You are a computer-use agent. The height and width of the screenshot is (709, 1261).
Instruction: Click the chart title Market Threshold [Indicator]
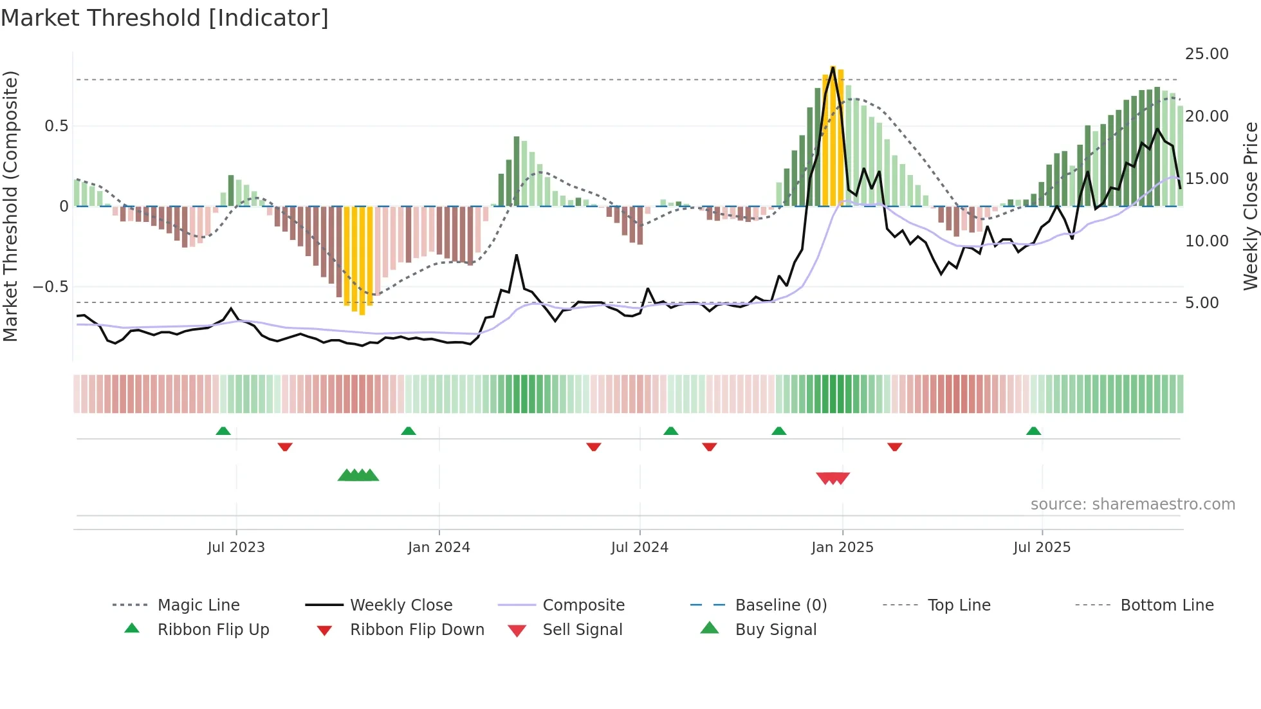pos(165,18)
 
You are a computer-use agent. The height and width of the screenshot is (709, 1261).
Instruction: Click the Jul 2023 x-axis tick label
pos(236,548)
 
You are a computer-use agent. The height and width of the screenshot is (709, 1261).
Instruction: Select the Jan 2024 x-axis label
pos(439,548)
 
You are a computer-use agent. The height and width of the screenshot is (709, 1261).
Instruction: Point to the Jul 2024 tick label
pos(640,548)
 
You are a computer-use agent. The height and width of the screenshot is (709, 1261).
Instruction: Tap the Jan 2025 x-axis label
pos(842,548)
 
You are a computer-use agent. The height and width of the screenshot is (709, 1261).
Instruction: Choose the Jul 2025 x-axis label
pos(1042,548)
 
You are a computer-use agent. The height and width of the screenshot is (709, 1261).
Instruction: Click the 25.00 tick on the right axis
pos(1206,54)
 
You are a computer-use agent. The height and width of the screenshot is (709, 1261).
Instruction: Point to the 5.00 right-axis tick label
pos(1202,303)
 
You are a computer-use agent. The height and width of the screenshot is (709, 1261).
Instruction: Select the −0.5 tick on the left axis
pos(50,287)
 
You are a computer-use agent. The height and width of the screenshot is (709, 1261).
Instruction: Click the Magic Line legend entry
pos(198,605)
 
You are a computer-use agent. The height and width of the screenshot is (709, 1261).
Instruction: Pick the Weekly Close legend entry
pos(401,605)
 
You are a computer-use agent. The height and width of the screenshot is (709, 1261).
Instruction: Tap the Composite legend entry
pos(584,605)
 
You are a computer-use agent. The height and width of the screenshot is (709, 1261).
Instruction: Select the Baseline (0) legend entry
pos(780,605)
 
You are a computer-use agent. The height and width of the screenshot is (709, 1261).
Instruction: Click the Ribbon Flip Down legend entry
pos(417,630)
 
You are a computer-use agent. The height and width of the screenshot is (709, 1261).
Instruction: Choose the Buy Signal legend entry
pos(775,630)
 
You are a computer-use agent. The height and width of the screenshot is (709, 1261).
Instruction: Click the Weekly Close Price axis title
pos(1250,206)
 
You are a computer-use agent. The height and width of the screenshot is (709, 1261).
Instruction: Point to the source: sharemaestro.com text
pos(1132,504)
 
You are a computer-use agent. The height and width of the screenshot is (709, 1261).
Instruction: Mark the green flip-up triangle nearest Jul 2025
pos(1033,431)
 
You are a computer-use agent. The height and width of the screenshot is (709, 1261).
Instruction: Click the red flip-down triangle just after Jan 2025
pos(894,447)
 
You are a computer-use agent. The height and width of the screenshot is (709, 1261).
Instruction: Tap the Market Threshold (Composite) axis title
pos(11,206)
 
